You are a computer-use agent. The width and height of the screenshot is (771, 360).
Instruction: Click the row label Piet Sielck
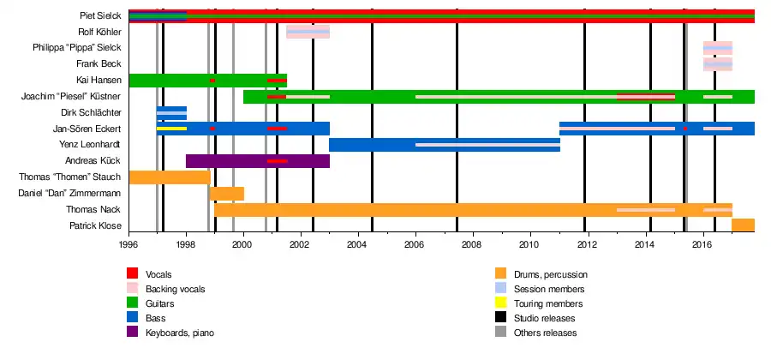click(98, 16)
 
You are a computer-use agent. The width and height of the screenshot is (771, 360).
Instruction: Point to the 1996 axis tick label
click(128, 244)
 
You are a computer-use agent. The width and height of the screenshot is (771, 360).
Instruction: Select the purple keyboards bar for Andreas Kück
click(257, 161)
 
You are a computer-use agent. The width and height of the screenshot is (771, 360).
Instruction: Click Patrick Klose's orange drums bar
click(743, 225)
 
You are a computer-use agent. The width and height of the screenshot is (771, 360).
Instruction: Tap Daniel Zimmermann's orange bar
click(227, 193)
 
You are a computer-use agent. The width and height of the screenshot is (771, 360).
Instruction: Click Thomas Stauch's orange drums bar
click(169, 177)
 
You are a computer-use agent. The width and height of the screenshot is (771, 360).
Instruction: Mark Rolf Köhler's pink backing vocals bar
click(308, 33)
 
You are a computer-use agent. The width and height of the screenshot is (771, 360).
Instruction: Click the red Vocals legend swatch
click(133, 274)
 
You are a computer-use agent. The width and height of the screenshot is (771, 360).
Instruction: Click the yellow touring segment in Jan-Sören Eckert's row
click(171, 129)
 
